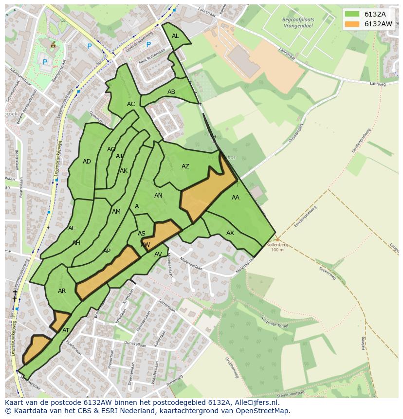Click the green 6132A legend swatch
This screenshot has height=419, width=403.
point(352,14)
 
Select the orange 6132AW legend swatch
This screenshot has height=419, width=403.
point(352,24)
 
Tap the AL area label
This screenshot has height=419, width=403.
point(175,36)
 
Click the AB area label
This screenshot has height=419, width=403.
point(171,92)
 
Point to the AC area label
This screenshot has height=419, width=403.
point(131,104)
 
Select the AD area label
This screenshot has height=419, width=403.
point(87,162)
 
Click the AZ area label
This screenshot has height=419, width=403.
point(185,166)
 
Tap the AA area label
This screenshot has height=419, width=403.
point(236,198)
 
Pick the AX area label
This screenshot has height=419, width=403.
point(230,233)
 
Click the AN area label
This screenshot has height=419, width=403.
point(158,196)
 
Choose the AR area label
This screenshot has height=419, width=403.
point(62,291)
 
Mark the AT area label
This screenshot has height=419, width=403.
point(66,330)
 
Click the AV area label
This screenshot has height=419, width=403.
point(158,255)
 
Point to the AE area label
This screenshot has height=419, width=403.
point(72,228)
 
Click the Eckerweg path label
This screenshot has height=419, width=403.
point(328,274)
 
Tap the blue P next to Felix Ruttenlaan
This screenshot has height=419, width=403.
point(148,45)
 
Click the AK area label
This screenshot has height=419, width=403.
point(124,171)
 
